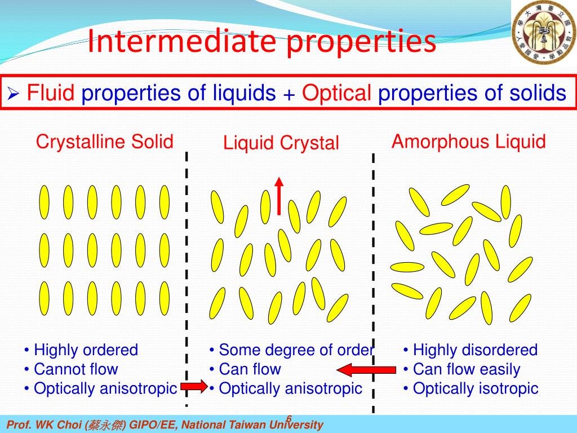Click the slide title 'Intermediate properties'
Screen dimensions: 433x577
pyautogui.click(x=261, y=42)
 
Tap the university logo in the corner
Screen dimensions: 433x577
pyautogui.click(x=543, y=32)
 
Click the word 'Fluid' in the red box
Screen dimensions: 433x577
pyautogui.click(x=51, y=92)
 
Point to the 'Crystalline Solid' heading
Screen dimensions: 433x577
pyautogui.click(x=104, y=142)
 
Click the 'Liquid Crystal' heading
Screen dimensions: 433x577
pyautogui.click(x=281, y=143)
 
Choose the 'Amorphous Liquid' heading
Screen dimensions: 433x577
pyautogui.click(x=468, y=142)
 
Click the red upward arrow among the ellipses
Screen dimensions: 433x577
pyautogui.click(x=279, y=195)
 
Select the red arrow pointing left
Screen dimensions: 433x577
pyautogui.click(x=366, y=370)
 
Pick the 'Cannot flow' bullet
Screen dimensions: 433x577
pyautogui.click(x=76, y=369)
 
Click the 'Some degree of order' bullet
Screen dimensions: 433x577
pyautogui.click(x=295, y=350)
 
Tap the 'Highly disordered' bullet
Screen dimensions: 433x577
pyautogui.click(x=474, y=350)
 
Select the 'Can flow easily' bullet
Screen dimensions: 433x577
pyautogui.click(x=466, y=369)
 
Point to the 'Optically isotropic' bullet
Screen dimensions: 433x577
pyautogui.click(x=475, y=388)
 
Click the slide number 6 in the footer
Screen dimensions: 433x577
pyautogui.click(x=288, y=418)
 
